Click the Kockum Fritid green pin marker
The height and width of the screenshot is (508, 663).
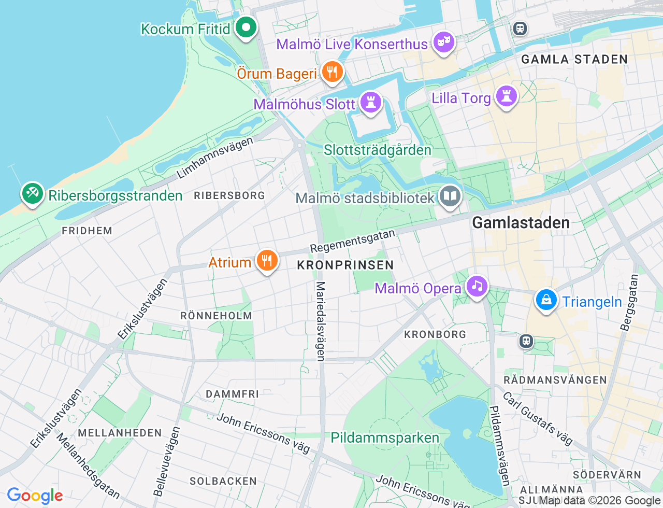tap(246, 27)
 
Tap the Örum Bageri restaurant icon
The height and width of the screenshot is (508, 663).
tap(332, 72)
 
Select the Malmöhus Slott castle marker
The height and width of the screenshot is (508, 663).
tap(370, 102)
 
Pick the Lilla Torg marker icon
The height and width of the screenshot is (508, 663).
tap(506, 96)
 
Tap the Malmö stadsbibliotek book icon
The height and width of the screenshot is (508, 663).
tap(450, 196)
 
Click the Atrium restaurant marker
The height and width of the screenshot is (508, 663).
tap(267, 260)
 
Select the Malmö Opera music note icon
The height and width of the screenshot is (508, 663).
tap(477, 286)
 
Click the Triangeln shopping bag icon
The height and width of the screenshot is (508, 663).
tap(546, 300)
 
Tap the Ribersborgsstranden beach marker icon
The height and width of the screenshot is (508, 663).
tap(33, 193)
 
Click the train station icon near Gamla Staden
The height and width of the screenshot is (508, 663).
tap(520, 29)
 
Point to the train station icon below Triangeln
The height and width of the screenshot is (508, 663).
tap(526, 341)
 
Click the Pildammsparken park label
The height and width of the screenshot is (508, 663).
tap(385, 438)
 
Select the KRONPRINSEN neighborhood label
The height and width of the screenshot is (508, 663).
tap(345, 265)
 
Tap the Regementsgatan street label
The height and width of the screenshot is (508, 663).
tap(352, 241)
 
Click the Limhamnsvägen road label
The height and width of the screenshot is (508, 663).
tap(215, 158)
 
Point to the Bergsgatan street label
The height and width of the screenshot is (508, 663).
tap(629, 302)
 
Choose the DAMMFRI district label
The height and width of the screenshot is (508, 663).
tap(232, 394)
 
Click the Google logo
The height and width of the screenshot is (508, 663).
tap(35, 496)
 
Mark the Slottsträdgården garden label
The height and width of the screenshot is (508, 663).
tap(377, 150)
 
